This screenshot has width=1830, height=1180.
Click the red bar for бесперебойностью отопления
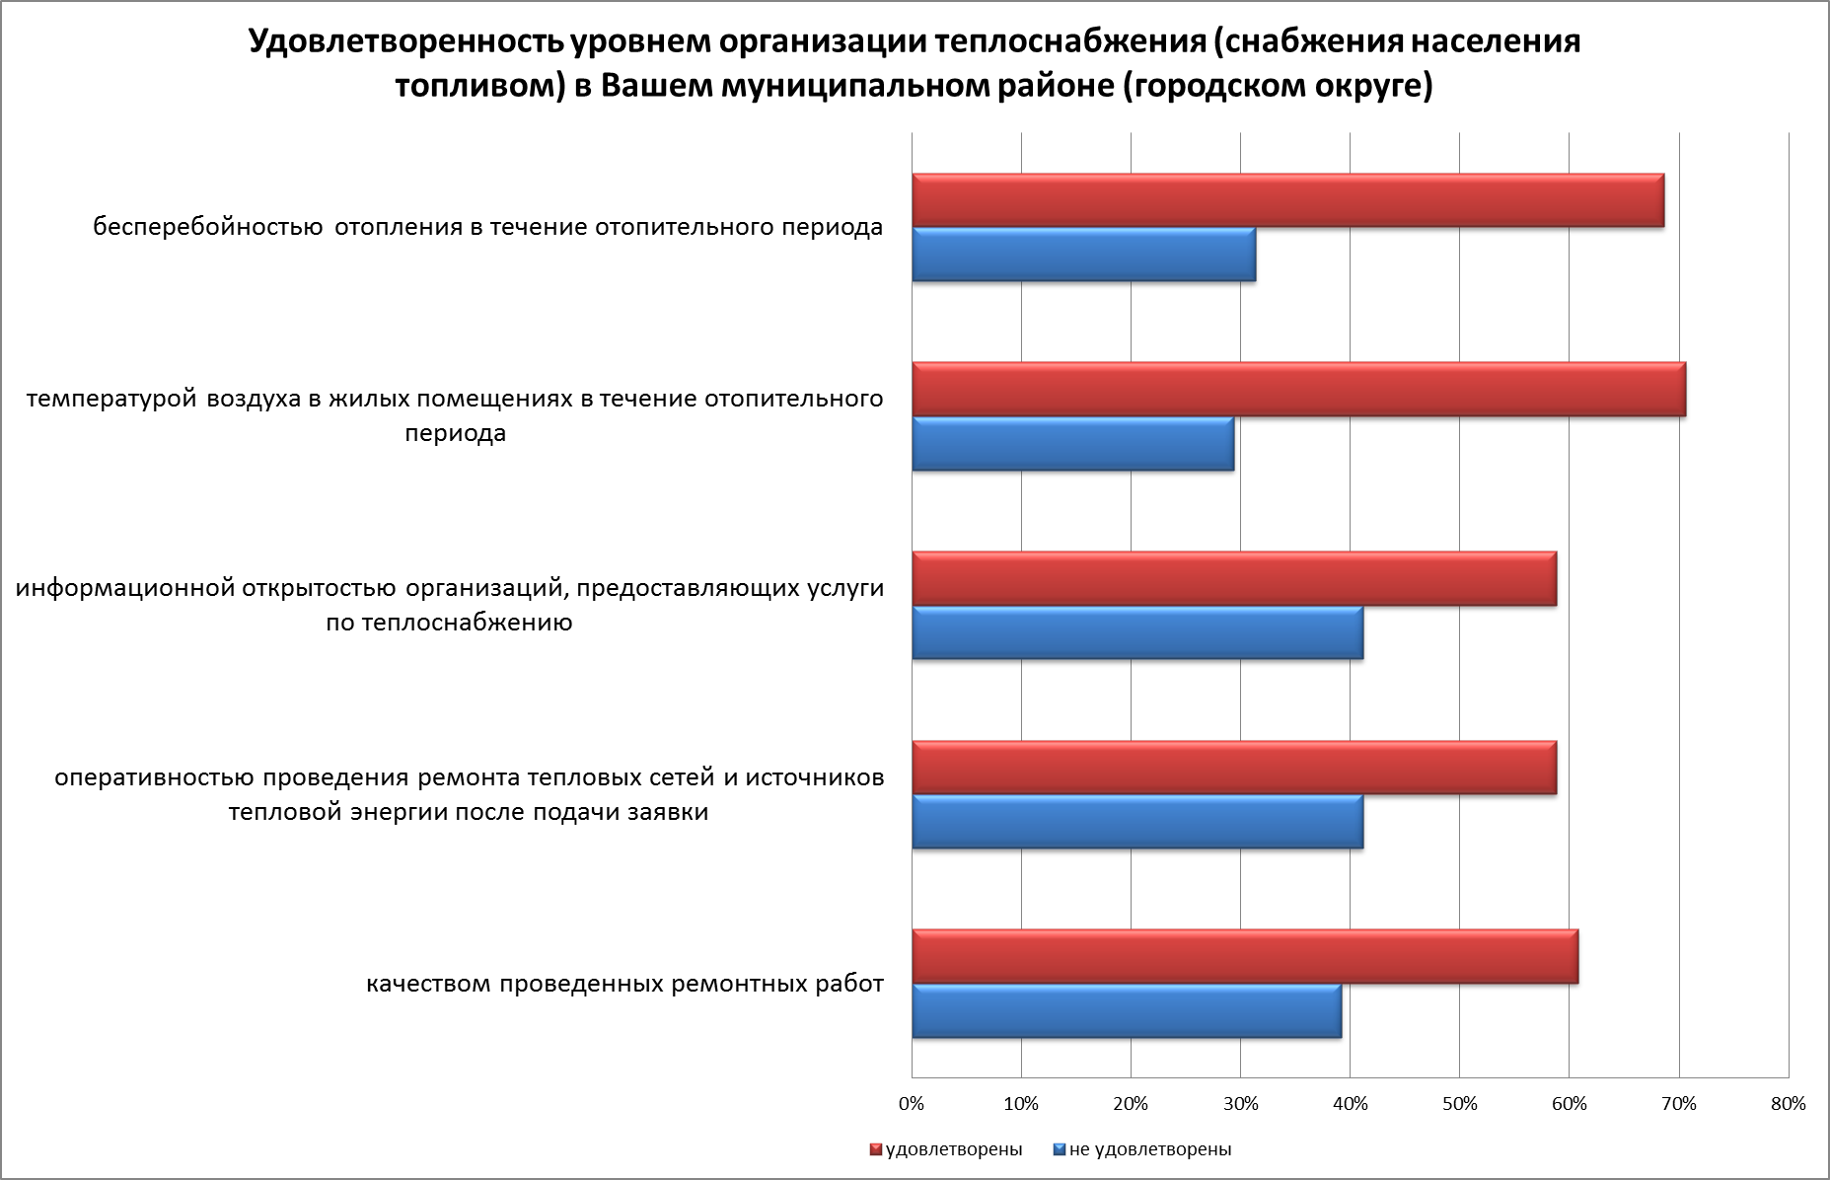pos(1287,201)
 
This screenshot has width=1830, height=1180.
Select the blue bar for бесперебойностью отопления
pos(1083,255)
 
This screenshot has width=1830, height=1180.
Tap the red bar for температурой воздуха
pos(1298,390)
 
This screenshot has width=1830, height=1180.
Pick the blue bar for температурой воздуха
pos(1072,444)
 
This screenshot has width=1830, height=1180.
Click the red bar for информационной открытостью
pos(1233,579)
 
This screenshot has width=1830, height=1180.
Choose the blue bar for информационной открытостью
pos(1136,632)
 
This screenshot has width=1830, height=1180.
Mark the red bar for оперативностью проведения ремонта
pos(1233,768)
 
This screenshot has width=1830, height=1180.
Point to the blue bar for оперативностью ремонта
pos(1136,822)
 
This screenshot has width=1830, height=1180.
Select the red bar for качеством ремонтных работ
pos(1244,957)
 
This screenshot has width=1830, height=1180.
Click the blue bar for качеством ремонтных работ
pos(1126,1011)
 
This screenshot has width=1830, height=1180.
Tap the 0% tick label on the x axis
pos(912,1104)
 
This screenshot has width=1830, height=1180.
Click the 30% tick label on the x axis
pos(1240,1104)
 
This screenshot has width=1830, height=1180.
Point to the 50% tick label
pos(1459,1104)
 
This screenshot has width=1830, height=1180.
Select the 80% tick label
pos(1788,1104)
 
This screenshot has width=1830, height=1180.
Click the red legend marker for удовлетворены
pos(875,1149)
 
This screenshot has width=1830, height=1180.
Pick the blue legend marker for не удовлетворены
pos(1060,1149)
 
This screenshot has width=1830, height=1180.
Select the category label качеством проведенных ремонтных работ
pos(624,985)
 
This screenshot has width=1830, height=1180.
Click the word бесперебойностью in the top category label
pos(208,228)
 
